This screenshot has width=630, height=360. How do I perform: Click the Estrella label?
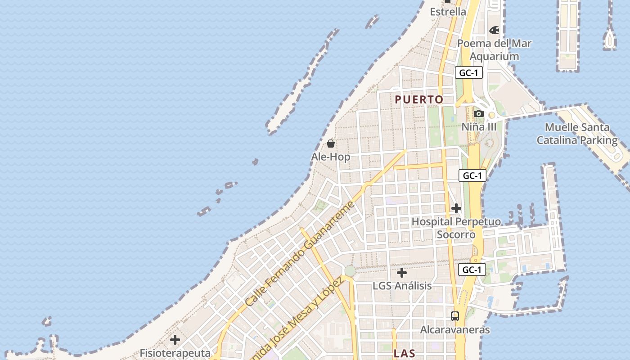pyautogui.click(x=448, y=12)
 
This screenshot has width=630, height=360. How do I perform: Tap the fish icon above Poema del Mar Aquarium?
pyautogui.click(x=494, y=30)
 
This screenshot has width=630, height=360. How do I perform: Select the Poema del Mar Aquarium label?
pyautogui.click(x=494, y=50)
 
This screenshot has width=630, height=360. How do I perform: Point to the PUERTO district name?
pyautogui.click(x=419, y=99)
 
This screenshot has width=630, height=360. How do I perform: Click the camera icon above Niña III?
pyautogui.click(x=479, y=113)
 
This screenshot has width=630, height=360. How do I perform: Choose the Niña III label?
pyautogui.click(x=479, y=127)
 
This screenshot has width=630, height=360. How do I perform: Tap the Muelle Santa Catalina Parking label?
pyautogui.click(x=577, y=134)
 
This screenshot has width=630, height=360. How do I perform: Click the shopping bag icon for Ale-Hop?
pyautogui.click(x=331, y=144)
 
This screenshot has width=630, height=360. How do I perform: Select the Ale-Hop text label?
pyautogui.click(x=331, y=157)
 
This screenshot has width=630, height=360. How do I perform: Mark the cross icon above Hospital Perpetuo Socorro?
pyautogui.click(x=456, y=208)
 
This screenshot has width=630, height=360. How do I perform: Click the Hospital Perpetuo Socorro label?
pyautogui.click(x=456, y=228)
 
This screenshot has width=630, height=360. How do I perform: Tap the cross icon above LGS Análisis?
pyautogui.click(x=402, y=273)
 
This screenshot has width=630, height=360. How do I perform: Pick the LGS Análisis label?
pyautogui.click(x=402, y=286)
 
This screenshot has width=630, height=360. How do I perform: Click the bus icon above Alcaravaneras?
pyautogui.click(x=455, y=316)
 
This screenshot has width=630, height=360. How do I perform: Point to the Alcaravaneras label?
pyautogui.click(x=455, y=330)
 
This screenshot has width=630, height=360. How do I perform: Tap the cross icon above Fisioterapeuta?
pyautogui.click(x=175, y=340)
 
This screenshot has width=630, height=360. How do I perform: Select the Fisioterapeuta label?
pyautogui.click(x=175, y=353)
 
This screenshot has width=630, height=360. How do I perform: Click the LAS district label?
pyautogui.click(x=405, y=354)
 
